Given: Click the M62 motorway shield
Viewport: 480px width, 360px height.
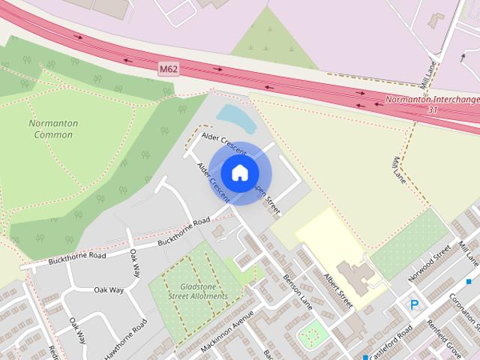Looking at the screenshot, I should coord(169,69).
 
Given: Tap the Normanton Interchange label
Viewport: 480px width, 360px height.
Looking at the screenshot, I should coord(431,99).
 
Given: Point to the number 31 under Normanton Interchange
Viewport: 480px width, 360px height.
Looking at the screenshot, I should coord(433,109).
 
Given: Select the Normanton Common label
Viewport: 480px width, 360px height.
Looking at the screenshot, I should coord(53,128).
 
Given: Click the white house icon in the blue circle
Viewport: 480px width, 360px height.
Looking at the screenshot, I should coord(239,172).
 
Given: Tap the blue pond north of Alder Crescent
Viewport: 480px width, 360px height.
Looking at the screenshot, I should coord(233,116).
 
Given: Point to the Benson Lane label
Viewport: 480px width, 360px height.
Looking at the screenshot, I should coord(298,290).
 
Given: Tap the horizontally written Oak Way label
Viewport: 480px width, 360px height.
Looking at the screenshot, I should coord(109,289).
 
